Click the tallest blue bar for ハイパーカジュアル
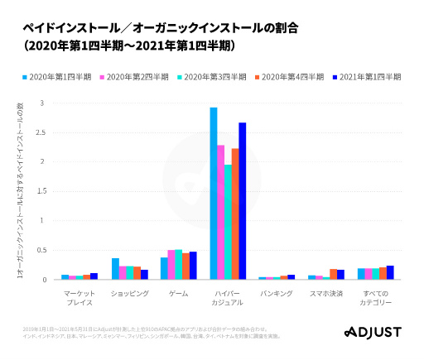(x=214, y=194)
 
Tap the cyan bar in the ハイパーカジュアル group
(x=228, y=222)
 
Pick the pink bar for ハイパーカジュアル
(x=221, y=213)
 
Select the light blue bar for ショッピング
(x=115, y=269)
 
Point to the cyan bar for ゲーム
(x=178, y=265)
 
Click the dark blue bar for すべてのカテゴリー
(x=390, y=272)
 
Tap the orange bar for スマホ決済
(x=333, y=274)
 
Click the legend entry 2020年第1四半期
(x=57, y=76)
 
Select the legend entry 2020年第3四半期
(x=214, y=76)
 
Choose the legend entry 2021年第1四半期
(x=367, y=76)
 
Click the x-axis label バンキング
(x=276, y=293)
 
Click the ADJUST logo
(x=372, y=332)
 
